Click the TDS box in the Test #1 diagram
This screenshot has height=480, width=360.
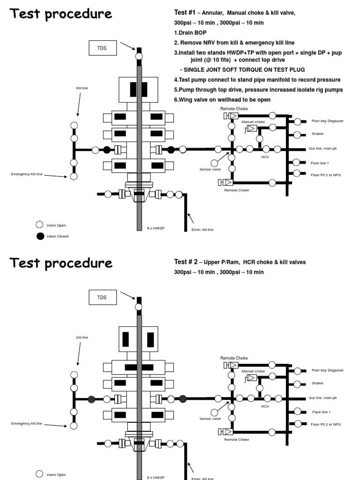[x=102, y=47]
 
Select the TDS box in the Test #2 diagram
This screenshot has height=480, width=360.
[x=102, y=297]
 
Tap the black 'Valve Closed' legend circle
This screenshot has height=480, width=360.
[x=40, y=236]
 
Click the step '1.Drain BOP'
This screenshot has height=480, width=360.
[x=190, y=33]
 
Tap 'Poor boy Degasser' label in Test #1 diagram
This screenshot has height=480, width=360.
[x=327, y=121]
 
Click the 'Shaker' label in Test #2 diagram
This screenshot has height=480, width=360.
[x=317, y=383]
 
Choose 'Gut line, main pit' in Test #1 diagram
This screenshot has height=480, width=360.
[x=322, y=149]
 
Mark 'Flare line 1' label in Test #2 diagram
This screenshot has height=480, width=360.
[x=321, y=412]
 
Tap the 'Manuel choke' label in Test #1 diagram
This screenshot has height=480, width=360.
[x=253, y=122]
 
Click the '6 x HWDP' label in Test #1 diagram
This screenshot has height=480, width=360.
[x=156, y=228]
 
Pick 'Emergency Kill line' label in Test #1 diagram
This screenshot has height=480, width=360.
[x=27, y=174]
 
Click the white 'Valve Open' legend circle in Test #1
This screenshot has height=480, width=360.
[x=40, y=225]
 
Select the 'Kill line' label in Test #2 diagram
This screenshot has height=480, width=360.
[x=82, y=337]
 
